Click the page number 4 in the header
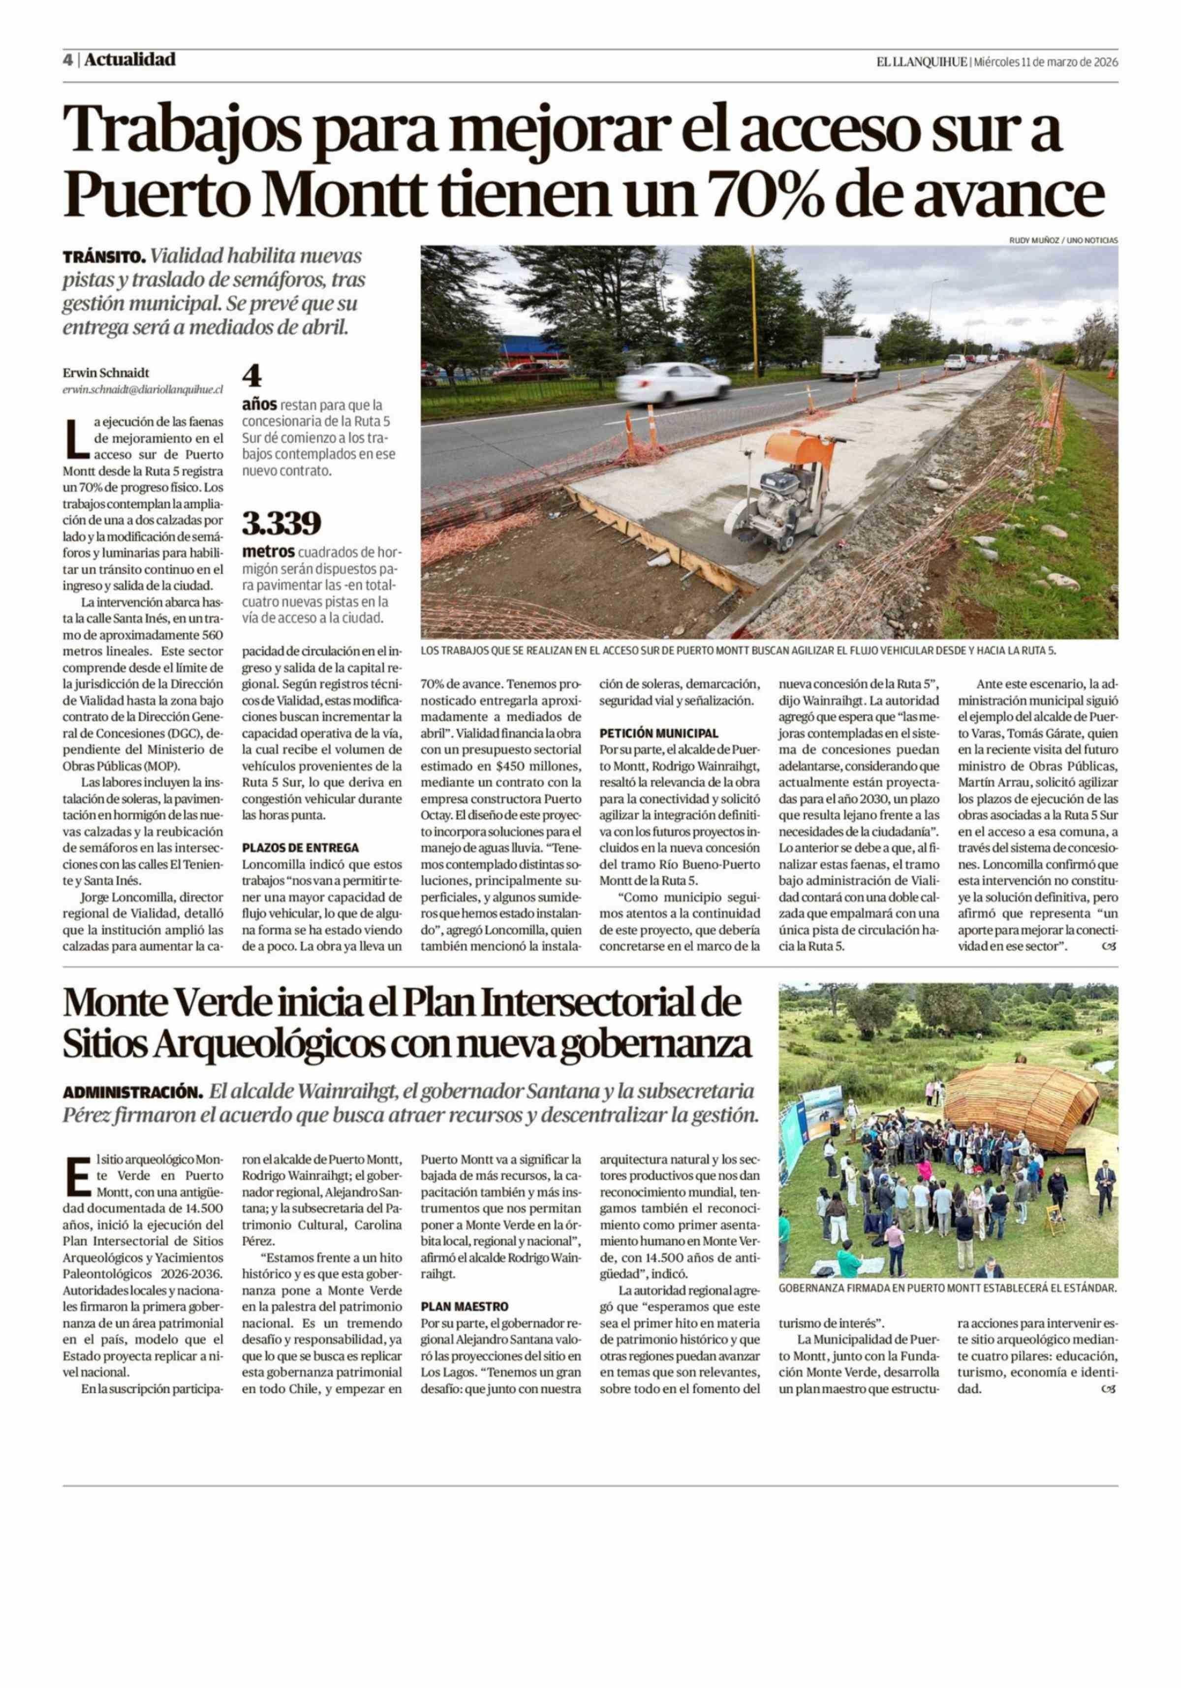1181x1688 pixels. tap(67, 60)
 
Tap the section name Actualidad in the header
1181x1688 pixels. tap(129, 60)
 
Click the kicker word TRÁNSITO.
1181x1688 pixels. tap(104, 258)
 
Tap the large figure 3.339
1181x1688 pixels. tap(281, 524)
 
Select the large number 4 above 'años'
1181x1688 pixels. tap(252, 376)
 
